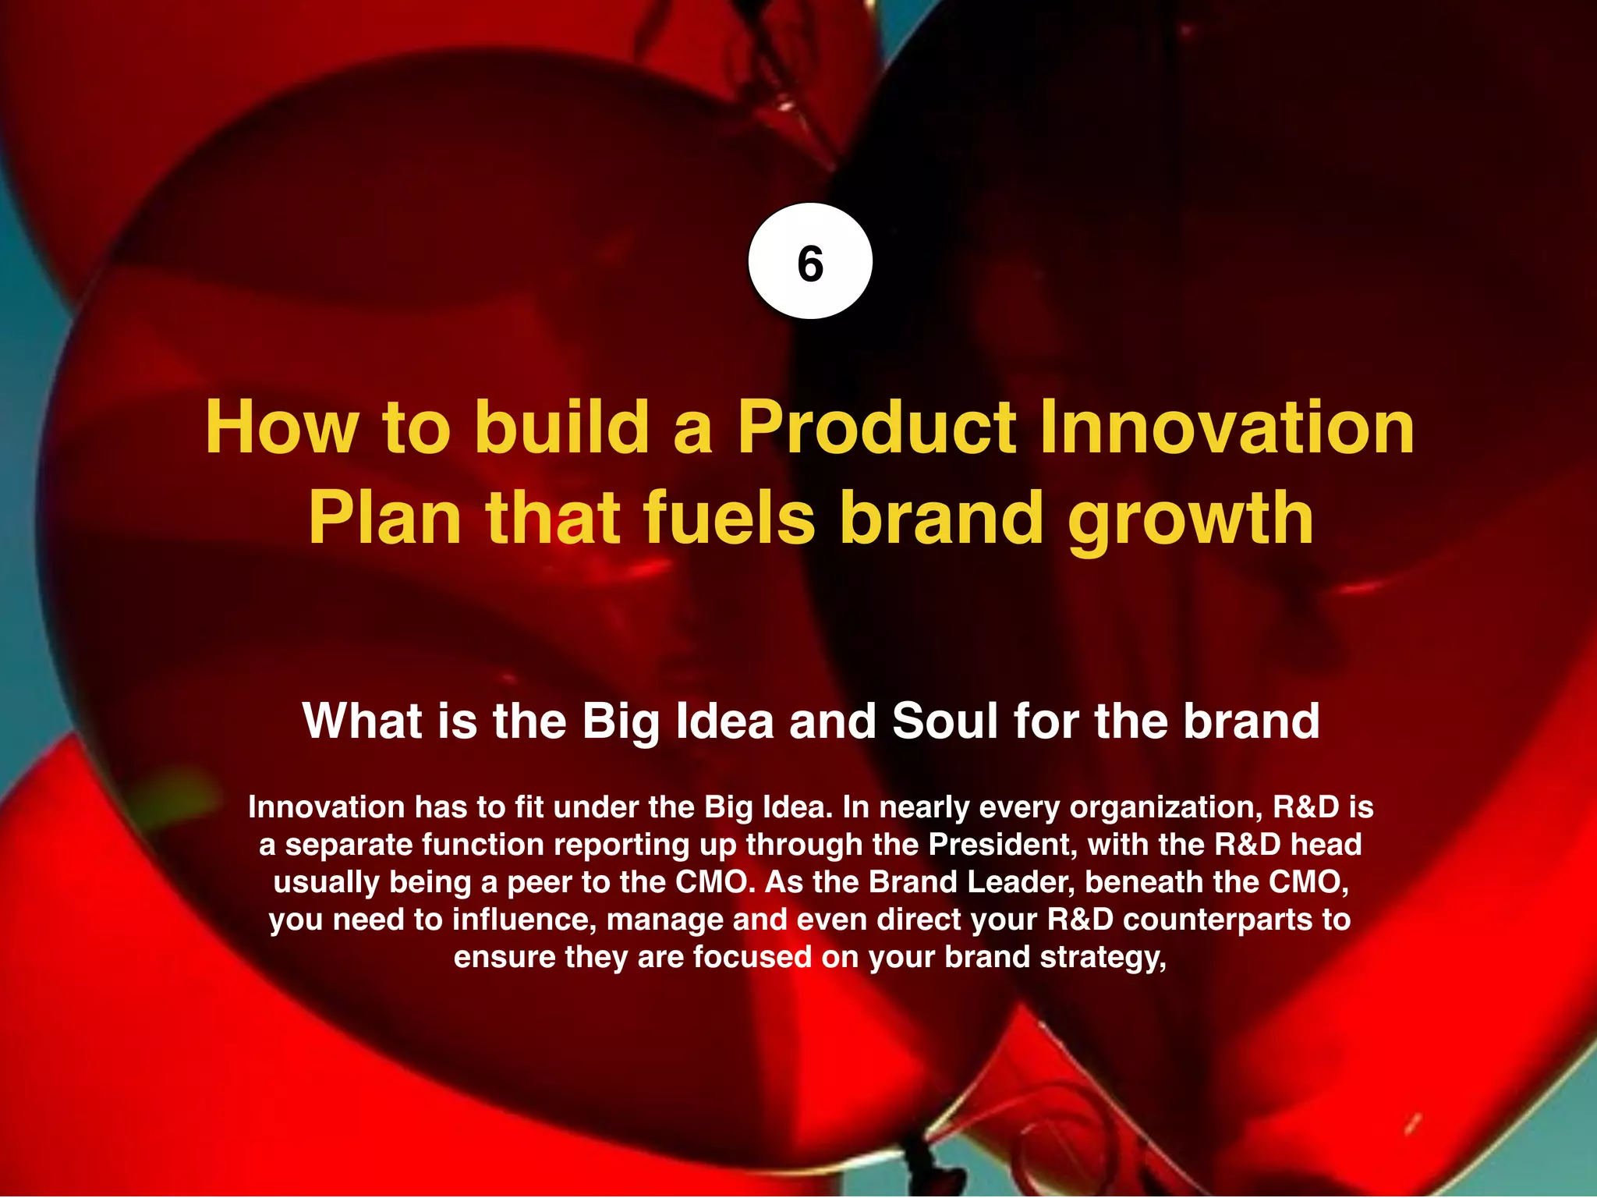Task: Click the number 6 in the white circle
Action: pos(810,263)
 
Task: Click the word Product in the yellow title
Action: pos(877,427)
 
